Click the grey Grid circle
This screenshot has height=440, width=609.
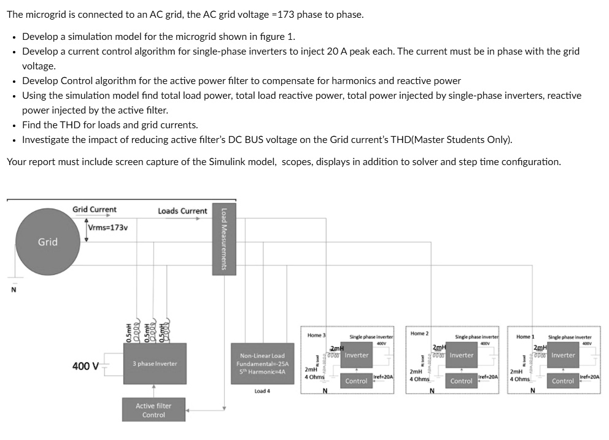coord(47,242)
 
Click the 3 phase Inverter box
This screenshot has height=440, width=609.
coord(154,364)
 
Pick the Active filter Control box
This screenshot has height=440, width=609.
coord(153,410)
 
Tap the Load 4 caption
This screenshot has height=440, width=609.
coord(262,391)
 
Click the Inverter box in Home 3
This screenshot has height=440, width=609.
coord(357,355)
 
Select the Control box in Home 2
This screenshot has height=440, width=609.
coord(461,381)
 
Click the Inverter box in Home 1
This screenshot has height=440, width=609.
coord(563,355)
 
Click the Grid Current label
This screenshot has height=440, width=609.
coord(95,209)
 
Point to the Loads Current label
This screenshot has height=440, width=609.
coord(182,211)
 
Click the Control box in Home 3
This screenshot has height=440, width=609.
coord(356,381)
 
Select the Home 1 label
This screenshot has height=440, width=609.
coord(526,336)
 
